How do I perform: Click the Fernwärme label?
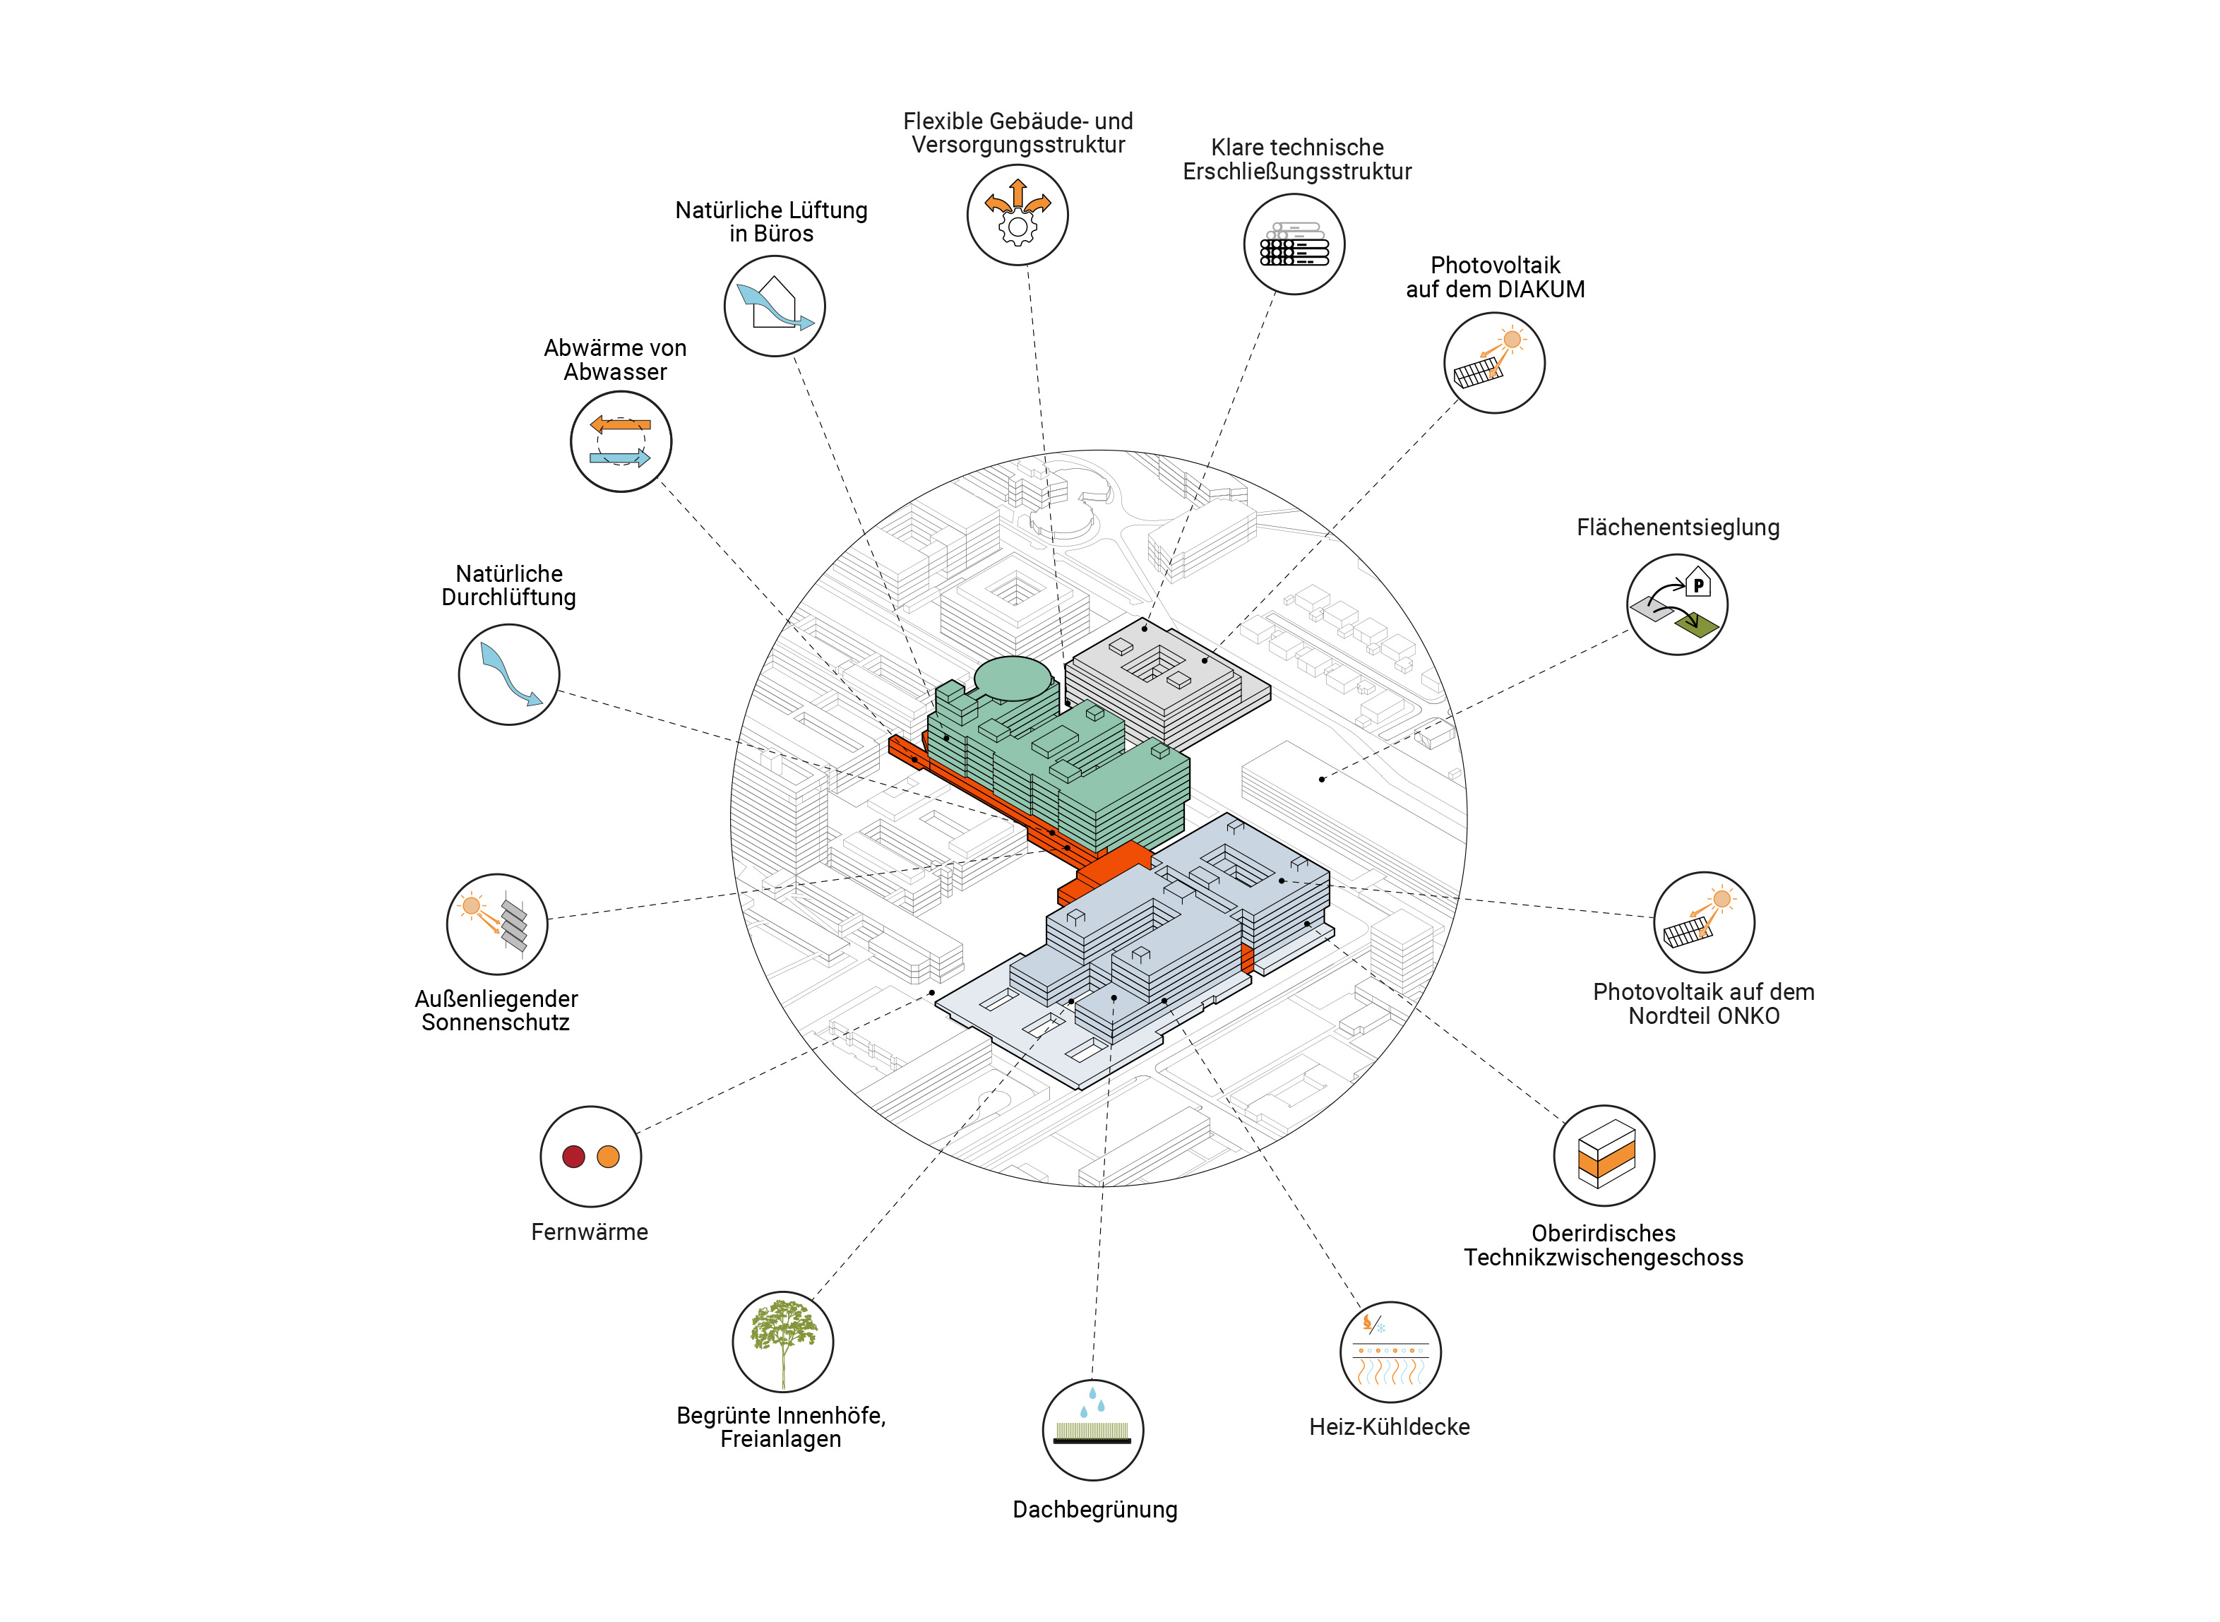click(x=589, y=1232)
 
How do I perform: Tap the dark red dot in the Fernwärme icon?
click(x=573, y=1157)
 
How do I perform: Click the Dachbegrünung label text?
click(x=1094, y=1510)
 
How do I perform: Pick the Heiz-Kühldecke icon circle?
click(x=1390, y=1352)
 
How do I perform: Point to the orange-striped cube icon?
click(x=1606, y=1156)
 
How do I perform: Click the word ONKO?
click(x=1753, y=1016)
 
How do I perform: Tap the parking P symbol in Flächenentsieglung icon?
click(x=1697, y=585)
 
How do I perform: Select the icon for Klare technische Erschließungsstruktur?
click(x=1294, y=244)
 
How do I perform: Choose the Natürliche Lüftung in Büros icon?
click(x=775, y=306)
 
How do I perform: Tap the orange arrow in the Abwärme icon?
click(x=621, y=425)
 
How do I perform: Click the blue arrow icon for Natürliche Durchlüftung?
click(x=510, y=674)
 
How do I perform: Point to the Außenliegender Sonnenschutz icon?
click(x=497, y=924)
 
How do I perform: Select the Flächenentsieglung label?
click(x=1678, y=527)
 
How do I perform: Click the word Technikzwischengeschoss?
click(x=1604, y=1258)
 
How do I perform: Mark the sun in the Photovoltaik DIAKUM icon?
click(x=1512, y=340)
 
